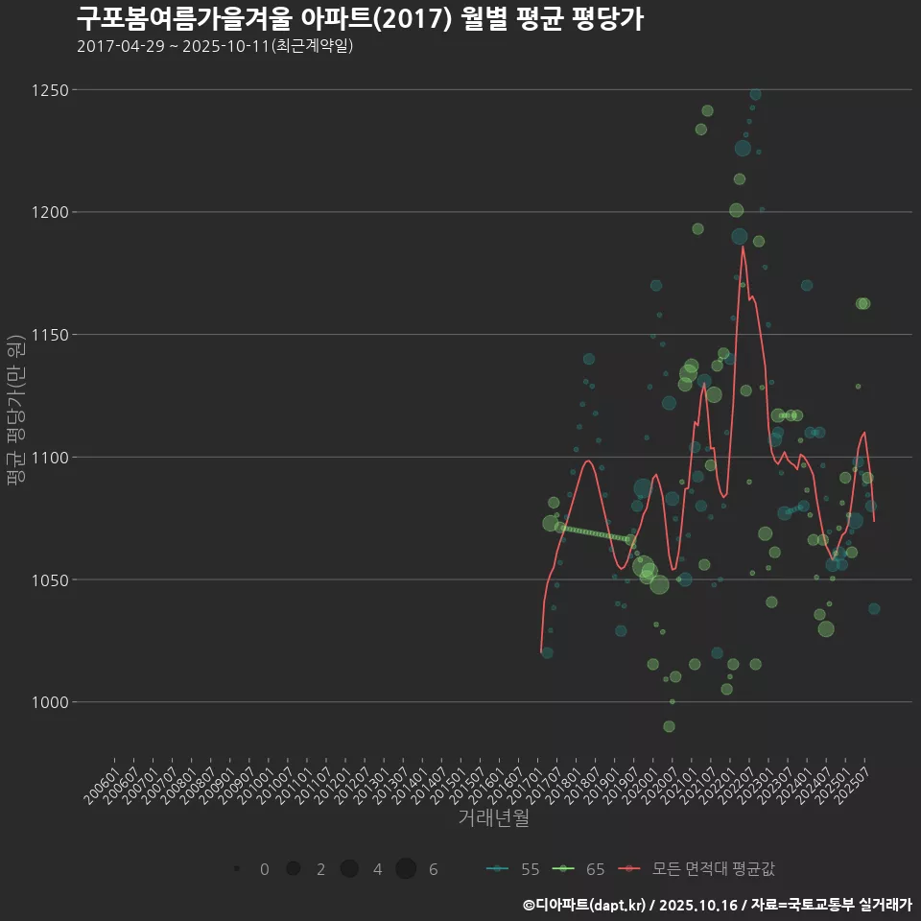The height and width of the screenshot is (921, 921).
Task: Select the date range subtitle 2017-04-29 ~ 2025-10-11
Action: pyautogui.click(x=215, y=45)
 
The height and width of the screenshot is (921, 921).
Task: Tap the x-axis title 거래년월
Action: pyautogui.click(x=493, y=817)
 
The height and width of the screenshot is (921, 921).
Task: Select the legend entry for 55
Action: pyautogui.click(x=513, y=869)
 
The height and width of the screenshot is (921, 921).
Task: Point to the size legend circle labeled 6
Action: pyautogui.click(x=406, y=869)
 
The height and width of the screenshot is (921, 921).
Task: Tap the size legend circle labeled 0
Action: pyautogui.click(x=236, y=869)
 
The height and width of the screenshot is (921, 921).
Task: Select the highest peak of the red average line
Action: pyautogui.click(x=743, y=248)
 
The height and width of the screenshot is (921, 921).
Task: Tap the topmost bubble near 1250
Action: pyautogui.click(x=756, y=94)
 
